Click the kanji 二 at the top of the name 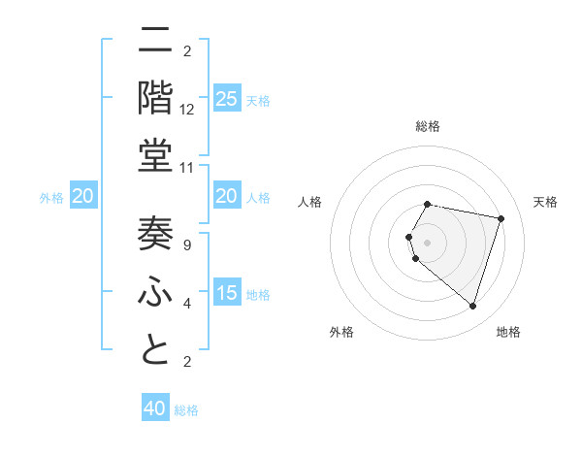click(158, 41)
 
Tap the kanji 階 click(158, 97)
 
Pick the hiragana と click(158, 349)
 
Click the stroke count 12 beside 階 click(187, 110)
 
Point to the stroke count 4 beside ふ click(187, 304)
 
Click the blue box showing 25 click(226, 99)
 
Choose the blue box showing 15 click(226, 293)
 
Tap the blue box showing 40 click(155, 408)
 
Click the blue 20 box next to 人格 click(226, 196)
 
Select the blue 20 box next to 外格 click(82, 196)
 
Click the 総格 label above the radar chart click(428, 126)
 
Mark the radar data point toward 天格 click(501, 219)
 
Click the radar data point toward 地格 click(472, 306)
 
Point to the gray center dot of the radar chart click(428, 242)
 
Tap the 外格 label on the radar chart click(341, 332)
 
